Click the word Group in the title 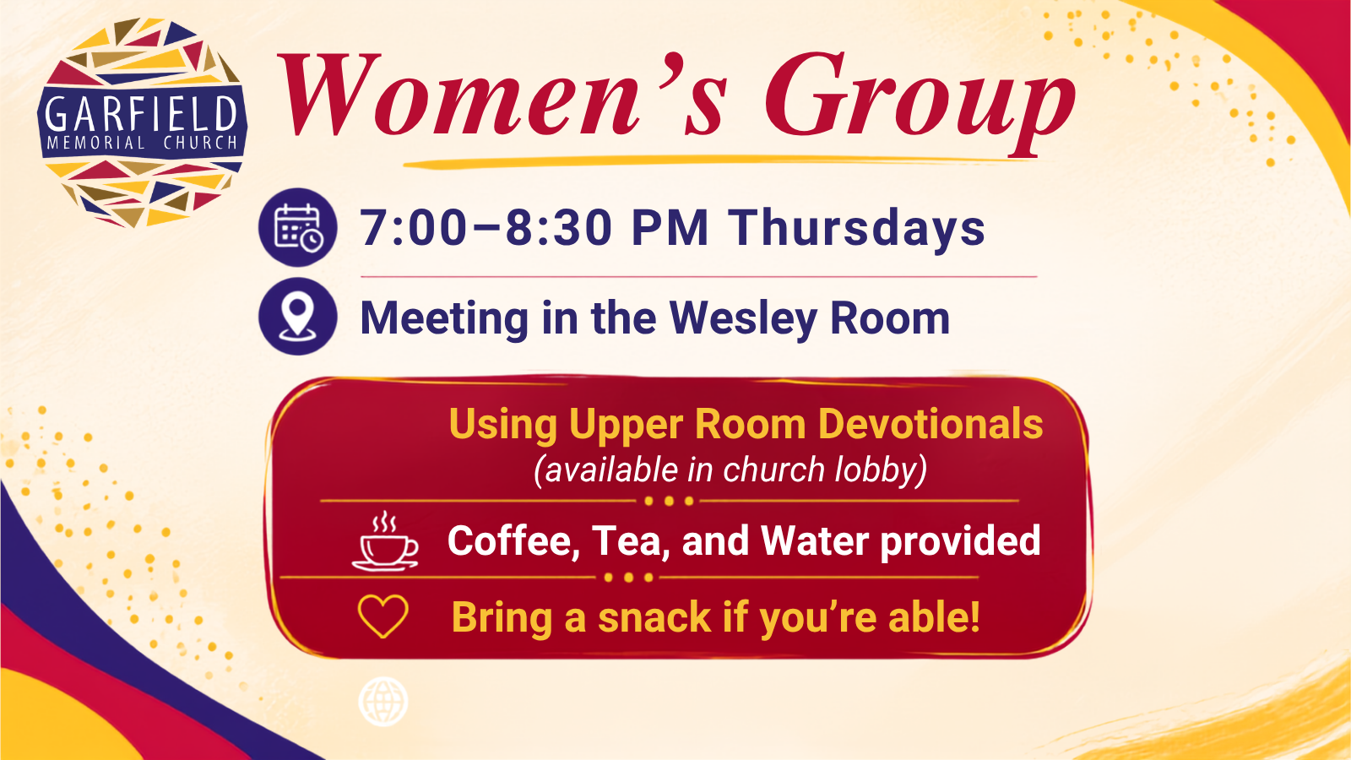(x=920, y=102)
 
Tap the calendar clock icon (x=298, y=227)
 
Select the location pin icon (x=298, y=316)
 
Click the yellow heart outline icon (x=383, y=616)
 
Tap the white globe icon (x=383, y=702)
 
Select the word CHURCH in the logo (x=201, y=143)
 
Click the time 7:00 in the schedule (x=414, y=228)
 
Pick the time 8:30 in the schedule (x=559, y=228)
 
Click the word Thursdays (x=856, y=227)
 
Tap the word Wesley (x=742, y=318)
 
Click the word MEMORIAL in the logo (x=96, y=143)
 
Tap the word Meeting (x=444, y=318)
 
